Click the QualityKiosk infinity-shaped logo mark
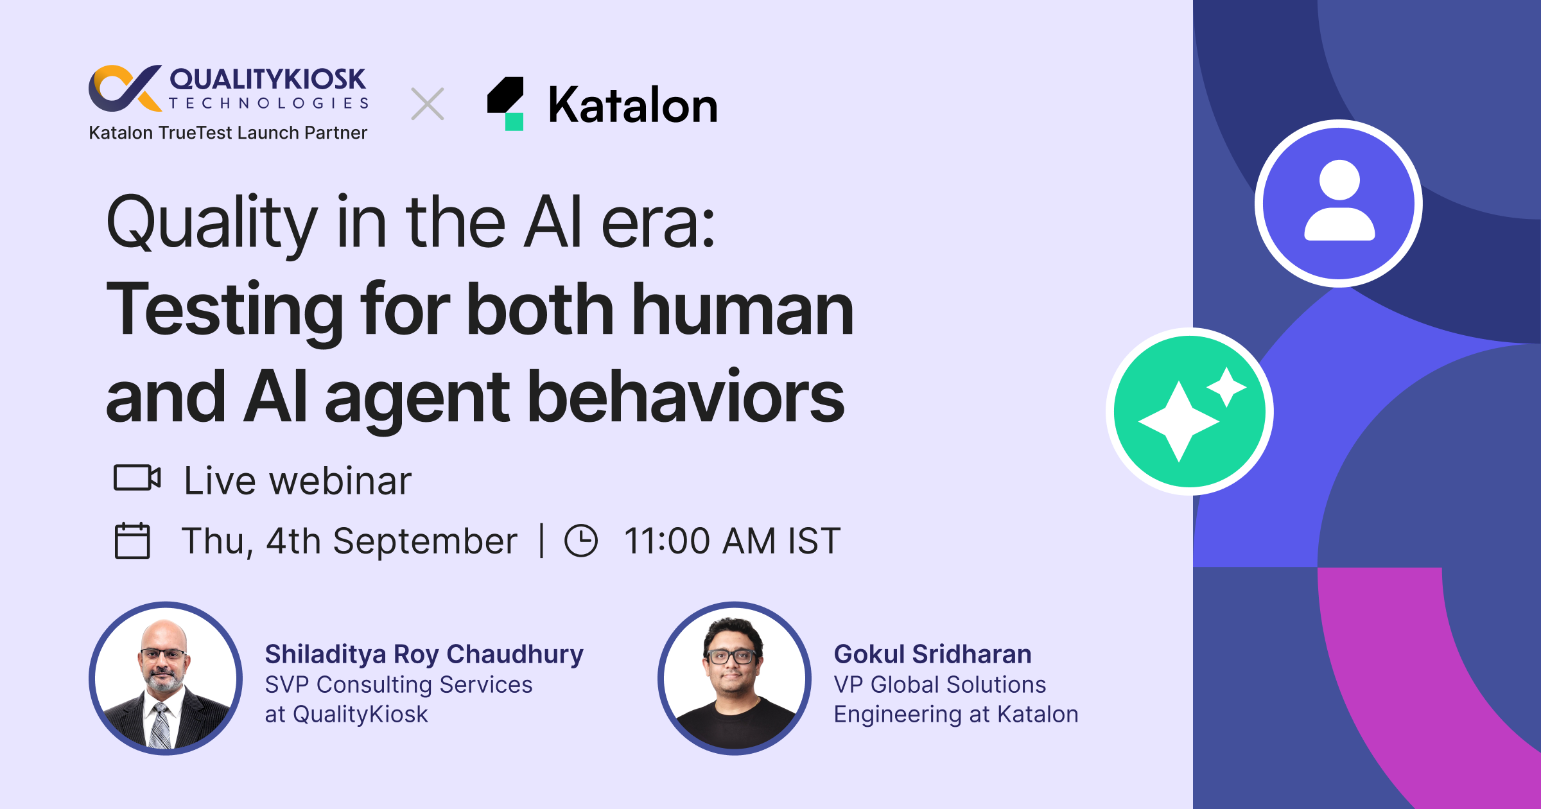tap(124, 87)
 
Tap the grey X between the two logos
tap(428, 104)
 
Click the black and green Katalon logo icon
tap(506, 103)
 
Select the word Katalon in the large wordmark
tap(632, 105)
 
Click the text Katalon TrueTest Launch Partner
tap(228, 133)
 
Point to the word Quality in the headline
tap(212, 222)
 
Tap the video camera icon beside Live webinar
tap(137, 478)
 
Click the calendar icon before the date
tap(132, 541)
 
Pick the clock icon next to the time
tap(581, 541)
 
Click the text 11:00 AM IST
tap(732, 541)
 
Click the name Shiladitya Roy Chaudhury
tap(424, 654)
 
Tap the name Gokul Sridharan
tap(932, 654)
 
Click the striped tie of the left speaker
tap(160, 726)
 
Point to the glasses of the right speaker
tap(731, 656)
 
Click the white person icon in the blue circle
tap(1339, 202)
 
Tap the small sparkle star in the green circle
tap(1226, 387)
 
